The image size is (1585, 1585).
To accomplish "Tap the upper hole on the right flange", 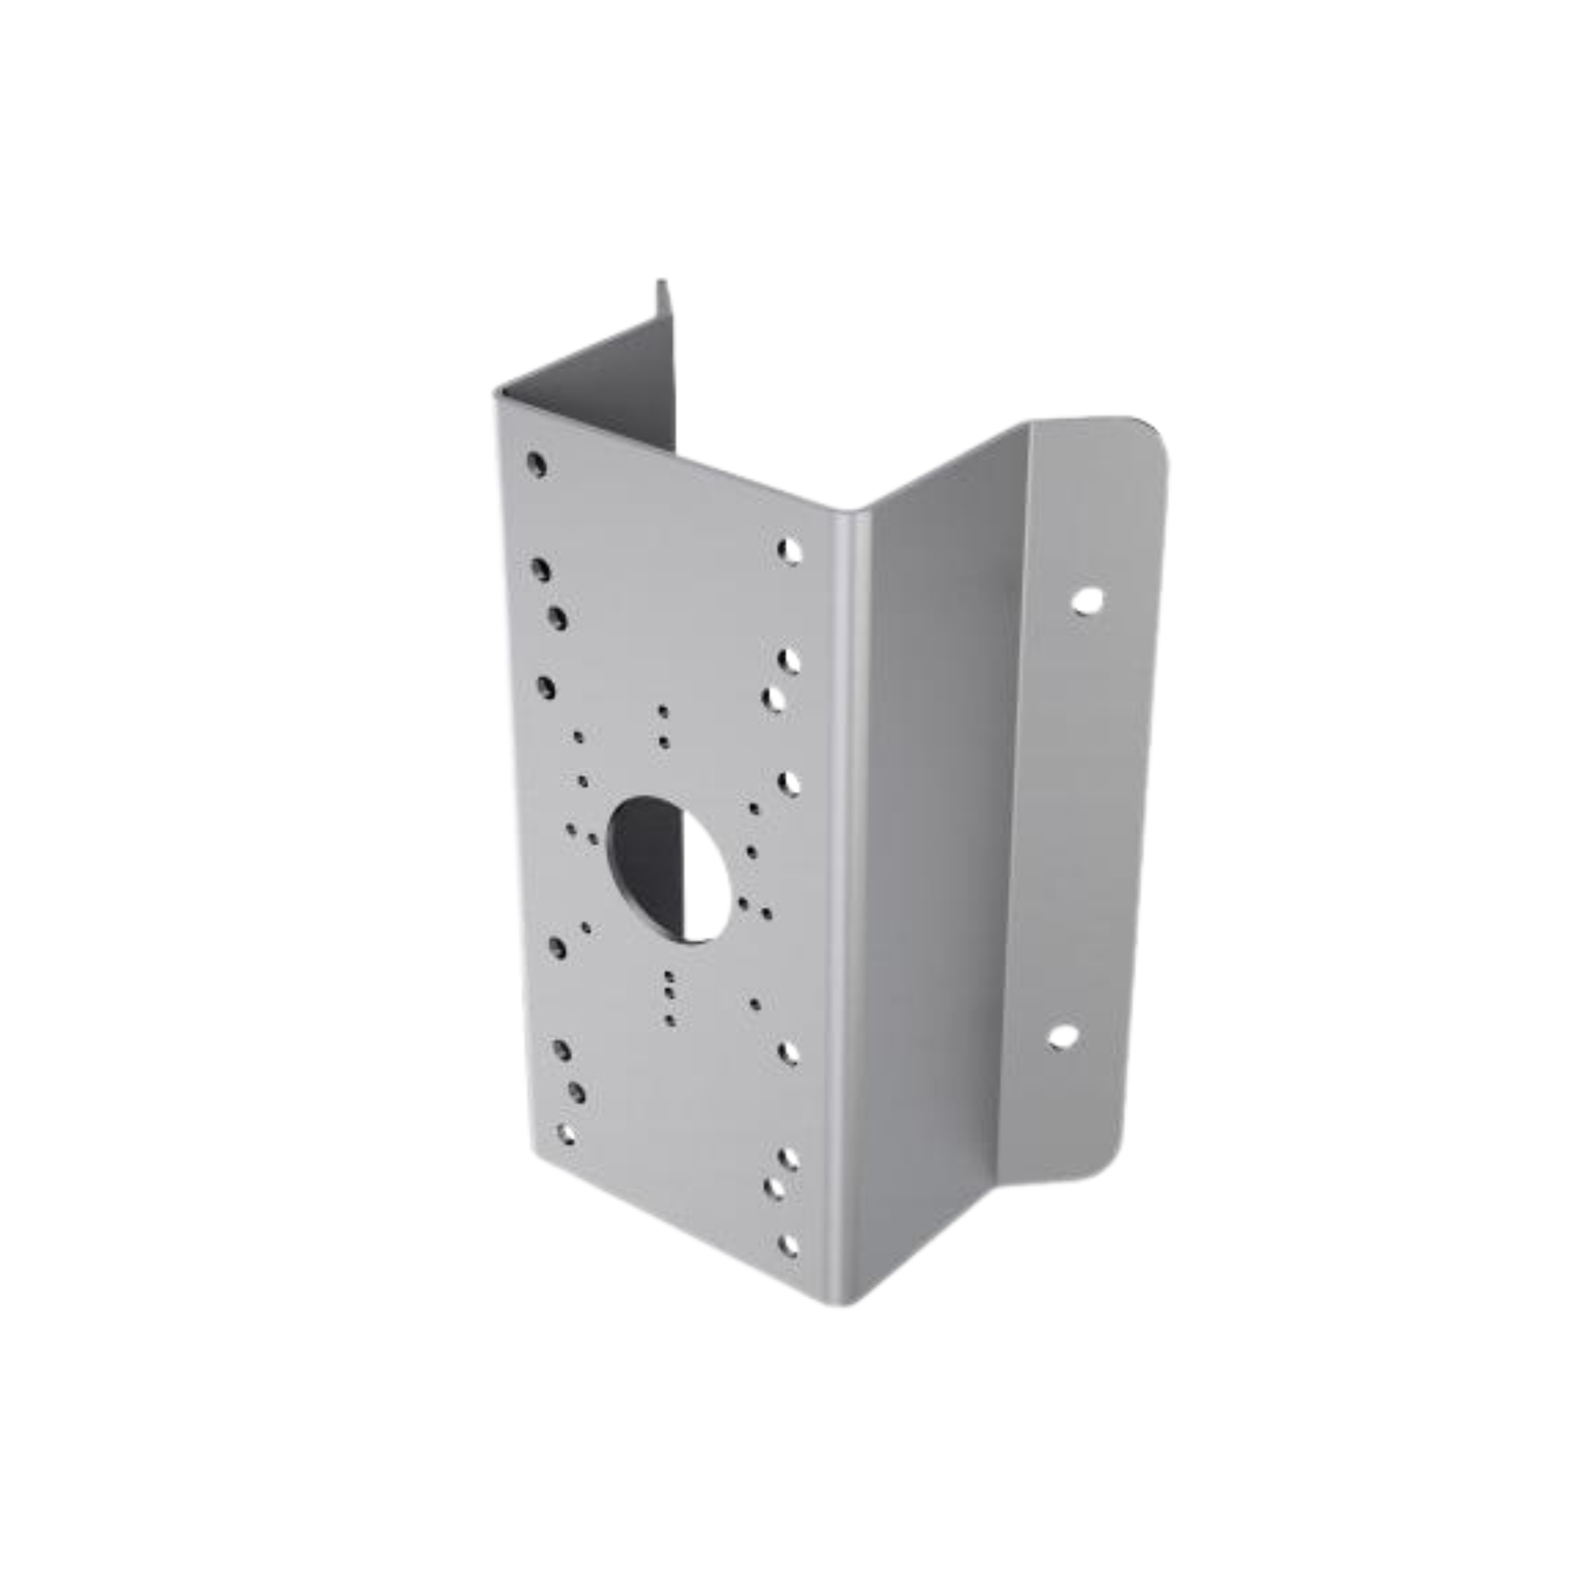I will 1087,599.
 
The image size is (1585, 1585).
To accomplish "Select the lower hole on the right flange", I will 1063,1037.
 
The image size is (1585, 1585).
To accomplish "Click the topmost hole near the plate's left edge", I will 537,465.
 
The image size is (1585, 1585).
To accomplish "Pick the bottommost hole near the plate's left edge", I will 566,1133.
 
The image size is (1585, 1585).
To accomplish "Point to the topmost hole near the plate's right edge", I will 789,551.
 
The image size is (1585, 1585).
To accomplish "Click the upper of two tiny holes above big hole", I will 662,710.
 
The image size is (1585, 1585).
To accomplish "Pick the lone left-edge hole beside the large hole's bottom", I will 556,948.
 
